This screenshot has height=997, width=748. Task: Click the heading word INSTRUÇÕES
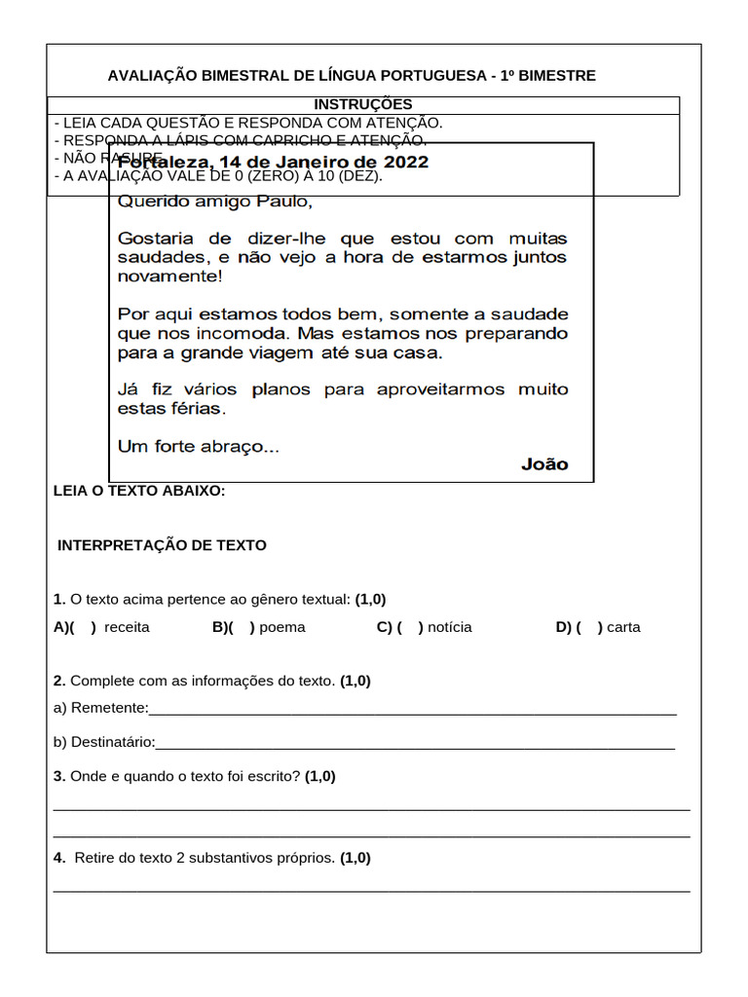(x=362, y=104)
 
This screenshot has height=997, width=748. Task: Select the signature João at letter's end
(x=544, y=464)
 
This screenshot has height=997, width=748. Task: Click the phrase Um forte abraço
(x=198, y=447)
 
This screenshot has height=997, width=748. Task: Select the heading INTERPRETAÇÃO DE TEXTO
(x=162, y=545)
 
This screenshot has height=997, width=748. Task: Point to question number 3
(x=59, y=776)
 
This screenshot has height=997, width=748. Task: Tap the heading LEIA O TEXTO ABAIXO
(x=139, y=491)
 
